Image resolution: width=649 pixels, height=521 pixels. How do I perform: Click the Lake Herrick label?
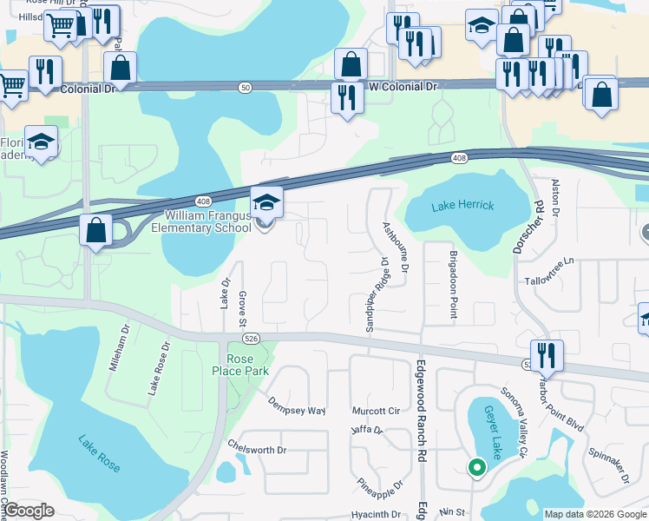(x=462, y=205)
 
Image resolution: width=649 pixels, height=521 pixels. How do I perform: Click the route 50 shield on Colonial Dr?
(x=246, y=87)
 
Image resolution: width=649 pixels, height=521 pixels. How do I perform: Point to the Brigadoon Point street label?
(x=452, y=286)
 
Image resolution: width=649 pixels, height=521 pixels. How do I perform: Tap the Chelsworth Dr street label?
(x=257, y=450)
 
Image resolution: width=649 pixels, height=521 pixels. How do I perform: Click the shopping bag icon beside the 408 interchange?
(x=95, y=231)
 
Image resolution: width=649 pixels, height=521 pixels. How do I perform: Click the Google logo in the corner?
(x=29, y=511)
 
